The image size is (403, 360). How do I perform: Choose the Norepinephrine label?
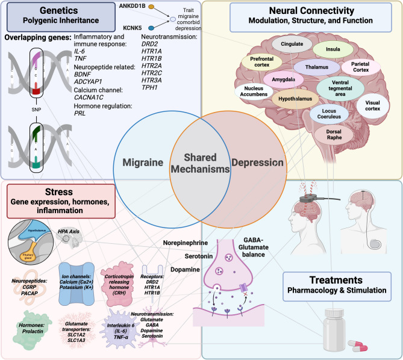(x=185, y=243)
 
